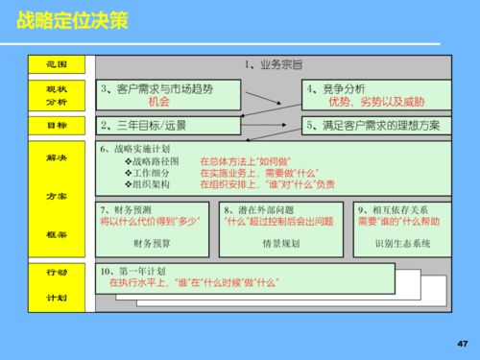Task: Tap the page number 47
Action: [x=463, y=343]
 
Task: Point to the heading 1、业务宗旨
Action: [x=273, y=64]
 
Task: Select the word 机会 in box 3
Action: [x=158, y=101]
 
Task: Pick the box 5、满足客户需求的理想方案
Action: [x=373, y=125]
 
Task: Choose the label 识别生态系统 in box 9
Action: [x=402, y=243]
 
